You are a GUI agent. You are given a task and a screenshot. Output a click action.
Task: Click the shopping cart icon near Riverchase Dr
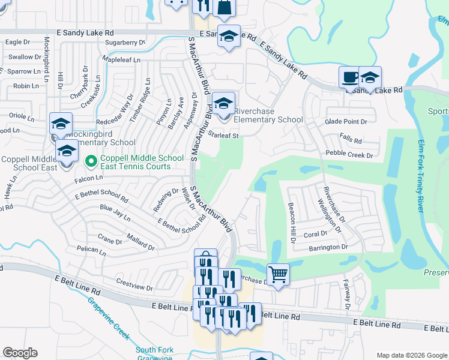(x=277, y=275)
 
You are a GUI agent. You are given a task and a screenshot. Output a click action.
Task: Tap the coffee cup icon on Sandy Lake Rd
(x=350, y=77)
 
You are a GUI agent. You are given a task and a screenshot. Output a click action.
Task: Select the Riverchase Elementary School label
(x=268, y=115)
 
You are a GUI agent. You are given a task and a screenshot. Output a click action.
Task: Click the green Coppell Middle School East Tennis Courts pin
(x=91, y=161)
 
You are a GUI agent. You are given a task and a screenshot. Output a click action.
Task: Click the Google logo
(x=20, y=353)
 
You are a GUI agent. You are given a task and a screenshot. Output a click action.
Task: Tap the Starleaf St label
(x=223, y=136)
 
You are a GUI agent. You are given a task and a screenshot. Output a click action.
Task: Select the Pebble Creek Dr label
(x=349, y=154)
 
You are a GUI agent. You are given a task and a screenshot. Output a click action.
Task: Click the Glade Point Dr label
(x=346, y=121)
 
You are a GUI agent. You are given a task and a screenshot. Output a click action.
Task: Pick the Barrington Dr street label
(x=328, y=247)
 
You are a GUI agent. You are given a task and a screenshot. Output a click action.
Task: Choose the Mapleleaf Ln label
(x=121, y=60)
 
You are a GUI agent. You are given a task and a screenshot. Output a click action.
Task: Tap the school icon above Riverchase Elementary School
(x=224, y=103)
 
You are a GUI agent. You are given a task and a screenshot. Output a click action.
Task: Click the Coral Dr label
(x=315, y=234)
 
